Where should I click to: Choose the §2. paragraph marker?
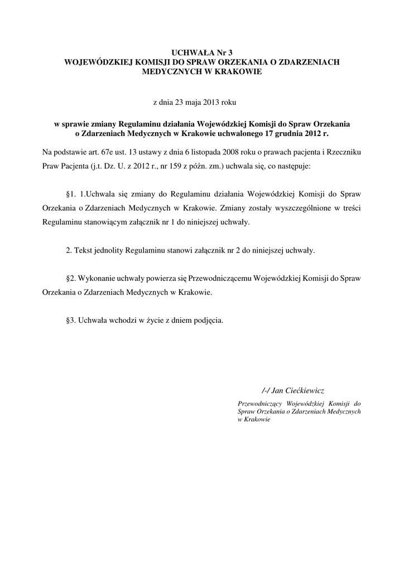pyautogui.click(x=70, y=278)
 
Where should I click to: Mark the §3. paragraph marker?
pyautogui.click(x=70, y=320)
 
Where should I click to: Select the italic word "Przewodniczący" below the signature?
pyautogui.click(x=257, y=403)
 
